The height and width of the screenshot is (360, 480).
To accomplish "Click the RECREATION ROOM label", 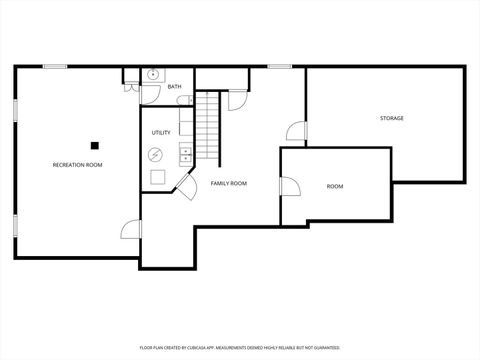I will coord(78,165).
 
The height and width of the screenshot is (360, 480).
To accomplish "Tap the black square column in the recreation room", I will coord(95,143).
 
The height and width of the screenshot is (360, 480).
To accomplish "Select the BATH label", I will coord(175,87).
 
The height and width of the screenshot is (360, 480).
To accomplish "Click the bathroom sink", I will coord(153,74).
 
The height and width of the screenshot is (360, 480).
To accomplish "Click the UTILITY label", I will coord(161,133).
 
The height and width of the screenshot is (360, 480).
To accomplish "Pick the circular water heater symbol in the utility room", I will coord(155,154).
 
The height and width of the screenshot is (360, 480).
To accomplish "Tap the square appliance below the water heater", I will coord(157,177).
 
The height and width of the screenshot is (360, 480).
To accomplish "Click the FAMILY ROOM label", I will coord(228,184).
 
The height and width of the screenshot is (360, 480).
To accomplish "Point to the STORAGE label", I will coord(391,119).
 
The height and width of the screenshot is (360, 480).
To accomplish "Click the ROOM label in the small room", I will coord(335,187).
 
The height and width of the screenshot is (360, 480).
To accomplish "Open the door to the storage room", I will coord(297,132).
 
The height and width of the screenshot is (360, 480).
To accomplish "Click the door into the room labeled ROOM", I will coord(290,187).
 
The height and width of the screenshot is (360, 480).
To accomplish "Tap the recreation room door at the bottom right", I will coord(131,231).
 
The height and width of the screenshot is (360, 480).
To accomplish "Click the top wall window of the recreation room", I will coord(55,66).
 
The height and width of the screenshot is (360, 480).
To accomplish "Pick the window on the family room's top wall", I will coord(280,66).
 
